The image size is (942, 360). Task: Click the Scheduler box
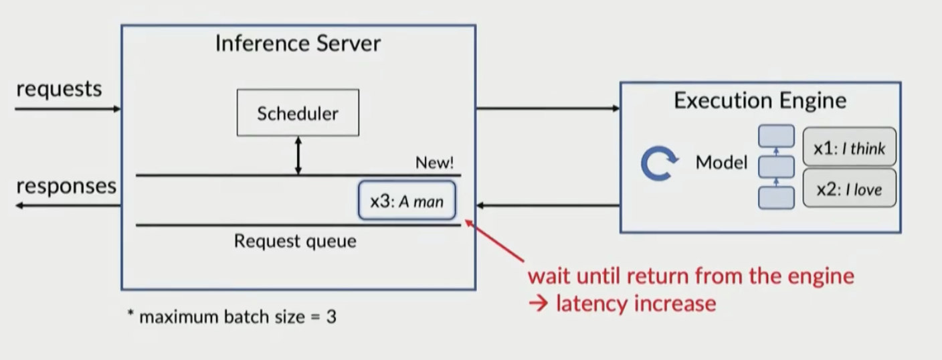click(x=298, y=112)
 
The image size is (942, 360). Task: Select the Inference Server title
click(x=298, y=44)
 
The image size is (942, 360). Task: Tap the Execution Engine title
click(x=759, y=100)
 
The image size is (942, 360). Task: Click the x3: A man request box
click(x=407, y=201)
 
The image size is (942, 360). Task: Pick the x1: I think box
click(x=849, y=148)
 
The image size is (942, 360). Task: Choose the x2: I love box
click(x=849, y=189)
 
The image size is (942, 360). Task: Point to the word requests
click(x=59, y=89)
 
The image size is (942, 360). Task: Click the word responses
click(x=66, y=186)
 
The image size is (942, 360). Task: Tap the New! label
click(x=434, y=163)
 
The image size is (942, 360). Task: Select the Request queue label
click(x=294, y=241)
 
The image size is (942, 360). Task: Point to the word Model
click(x=721, y=163)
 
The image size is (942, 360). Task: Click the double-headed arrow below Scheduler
click(x=298, y=156)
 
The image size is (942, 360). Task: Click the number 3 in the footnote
click(x=331, y=317)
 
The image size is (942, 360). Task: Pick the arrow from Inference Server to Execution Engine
click(x=547, y=108)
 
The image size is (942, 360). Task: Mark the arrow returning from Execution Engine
click(x=547, y=205)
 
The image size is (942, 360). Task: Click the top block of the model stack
click(x=776, y=136)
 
